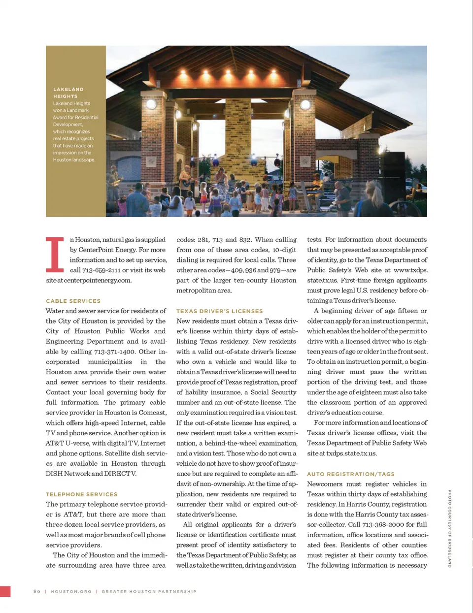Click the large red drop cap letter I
pyautogui.click(x=55, y=255)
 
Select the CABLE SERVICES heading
pyautogui.click(x=73, y=301)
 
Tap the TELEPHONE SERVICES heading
pyautogui.click(x=81, y=494)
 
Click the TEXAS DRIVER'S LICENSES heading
pyautogui.click(x=219, y=311)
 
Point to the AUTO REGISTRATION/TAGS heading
pyautogui.click(x=350, y=474)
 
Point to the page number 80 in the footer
pyautogui.click(x=37, y=591)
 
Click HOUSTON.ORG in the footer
pyautogui.click(x=71, y=591)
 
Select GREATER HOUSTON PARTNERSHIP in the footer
pyautogui.click(x=149, y=591)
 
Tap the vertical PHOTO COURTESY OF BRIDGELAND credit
pyautogui.click(x=449, y=528)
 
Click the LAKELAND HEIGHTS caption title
pyautogui.click(x=68, y=93)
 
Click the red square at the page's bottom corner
pyautogui.click(x=5, y=591)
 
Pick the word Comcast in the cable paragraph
pyautogui.click(x=152, y=413)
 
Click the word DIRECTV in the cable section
pyautogui.click(x=120, y=474)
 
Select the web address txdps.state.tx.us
pyautogui.click(x=351, y=453)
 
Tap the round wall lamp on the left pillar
pyautogui.click(x=152, y=104)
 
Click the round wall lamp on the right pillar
pyautogui.click(x=305, y=105)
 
